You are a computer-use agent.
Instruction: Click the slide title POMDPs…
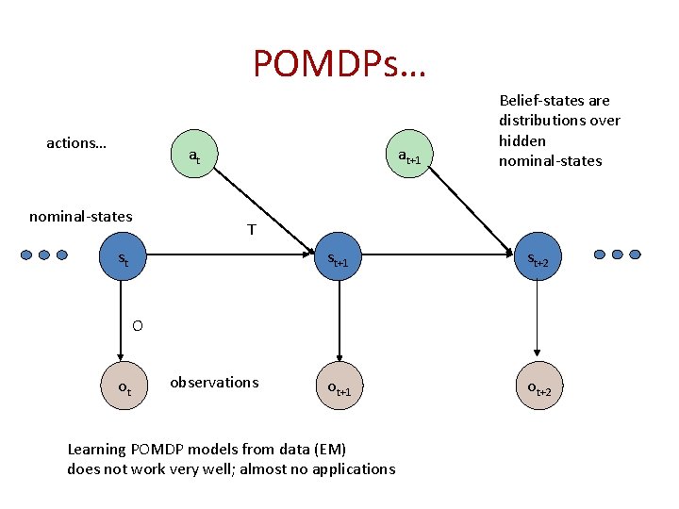[339, 63]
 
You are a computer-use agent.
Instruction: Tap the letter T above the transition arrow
[251, 229]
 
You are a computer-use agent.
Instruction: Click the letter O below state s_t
[138, 326]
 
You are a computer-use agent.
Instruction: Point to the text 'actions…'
[76, 143]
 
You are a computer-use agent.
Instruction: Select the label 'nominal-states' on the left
[80, 217]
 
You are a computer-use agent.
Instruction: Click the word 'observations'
[214, 382]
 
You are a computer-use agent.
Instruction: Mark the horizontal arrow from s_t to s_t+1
[226, 254]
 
